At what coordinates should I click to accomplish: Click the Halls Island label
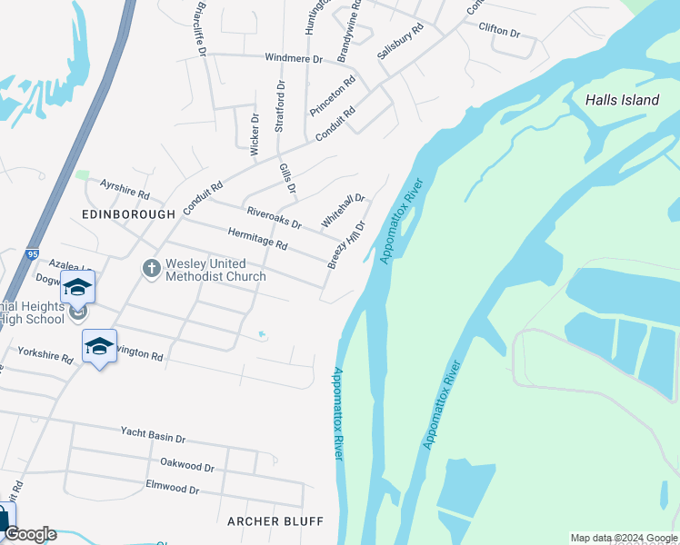[622, 100]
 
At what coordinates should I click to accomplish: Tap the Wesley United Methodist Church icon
[151, 268]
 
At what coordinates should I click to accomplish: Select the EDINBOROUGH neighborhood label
[128, 214]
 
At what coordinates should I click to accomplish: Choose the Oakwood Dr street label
[186, 465]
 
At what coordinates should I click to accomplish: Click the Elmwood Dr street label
[172, 489]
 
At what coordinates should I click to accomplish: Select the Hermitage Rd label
[257, 239]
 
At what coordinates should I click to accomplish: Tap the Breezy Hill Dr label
[346, 245]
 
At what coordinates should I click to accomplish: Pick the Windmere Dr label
[294, 58]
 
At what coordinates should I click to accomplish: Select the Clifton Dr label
[499, 30]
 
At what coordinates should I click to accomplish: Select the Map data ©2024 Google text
[624, 538]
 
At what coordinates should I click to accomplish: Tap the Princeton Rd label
[332, 95]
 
